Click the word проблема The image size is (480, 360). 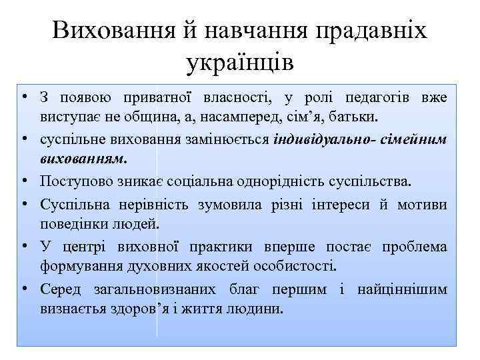point(414,247)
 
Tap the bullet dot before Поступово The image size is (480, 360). point(23,181)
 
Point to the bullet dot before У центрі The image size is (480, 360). point(23,247)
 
